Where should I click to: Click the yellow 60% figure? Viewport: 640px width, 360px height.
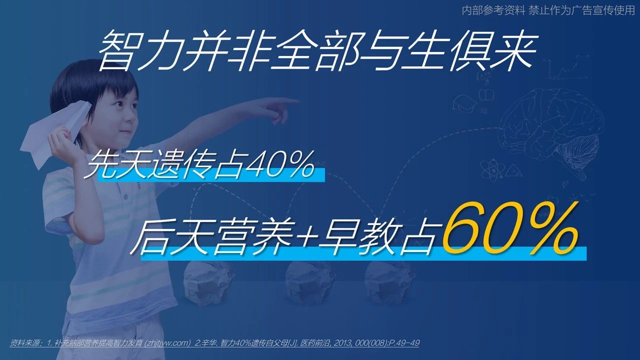click(510, 228)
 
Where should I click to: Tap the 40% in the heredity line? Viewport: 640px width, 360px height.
click(279, 165)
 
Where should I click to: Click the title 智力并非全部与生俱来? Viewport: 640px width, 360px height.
click(317, 51)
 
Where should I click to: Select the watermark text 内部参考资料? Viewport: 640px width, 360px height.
click(493, 10)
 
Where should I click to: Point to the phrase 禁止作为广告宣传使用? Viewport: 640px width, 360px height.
click(581, 10)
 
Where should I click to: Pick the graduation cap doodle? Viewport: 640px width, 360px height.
click(463, 103)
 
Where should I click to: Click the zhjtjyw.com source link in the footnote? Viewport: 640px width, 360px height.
click(168, 343)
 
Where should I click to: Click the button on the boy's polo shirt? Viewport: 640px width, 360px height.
click(125, 196)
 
